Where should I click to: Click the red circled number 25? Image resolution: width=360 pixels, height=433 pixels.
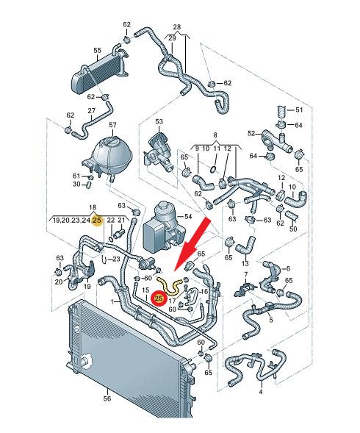pyautogui.click(x=159, y=298)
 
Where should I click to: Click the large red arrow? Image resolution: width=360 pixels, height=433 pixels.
pyautogui.click(x=191, y=245)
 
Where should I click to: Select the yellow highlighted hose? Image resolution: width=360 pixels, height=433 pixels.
pyautogui.click(x=170, y=285)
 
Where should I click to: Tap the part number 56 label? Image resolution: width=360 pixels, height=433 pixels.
pyautogui.click(x=107, y=398)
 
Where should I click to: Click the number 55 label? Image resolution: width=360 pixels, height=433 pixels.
pyautogui.click(x=98, y=50)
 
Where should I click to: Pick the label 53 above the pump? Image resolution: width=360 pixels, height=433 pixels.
pyautogui.click(x=159, y=121)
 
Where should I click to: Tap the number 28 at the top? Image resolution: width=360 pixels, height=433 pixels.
pyautogui.click(x=177, y=26)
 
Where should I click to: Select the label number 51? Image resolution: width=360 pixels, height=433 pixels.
pyautogui.click(x=299, y=110)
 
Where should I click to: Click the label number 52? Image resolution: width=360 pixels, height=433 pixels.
pyautogui.click(x=251, y=133)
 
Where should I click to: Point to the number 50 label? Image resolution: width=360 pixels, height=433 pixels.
pyautogui.click(x=293, y=229)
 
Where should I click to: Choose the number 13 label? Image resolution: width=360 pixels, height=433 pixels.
pyautogui.click(x=245, y=263)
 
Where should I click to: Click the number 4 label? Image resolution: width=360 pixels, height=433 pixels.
pyautogui.click(x=261, y=391)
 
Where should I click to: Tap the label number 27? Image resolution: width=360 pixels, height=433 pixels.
pyautogui.click(x=91, y=111)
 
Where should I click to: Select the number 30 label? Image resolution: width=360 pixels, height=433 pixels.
pyautogui.click(x=76, y=184)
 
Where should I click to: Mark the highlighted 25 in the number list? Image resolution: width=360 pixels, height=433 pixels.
pyautogui.click(x=97, y=221)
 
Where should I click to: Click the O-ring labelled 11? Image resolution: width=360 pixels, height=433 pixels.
pyautogui.click(x=213, y=169)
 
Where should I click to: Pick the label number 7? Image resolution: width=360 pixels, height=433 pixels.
pyautogui.click(x=245, y=275)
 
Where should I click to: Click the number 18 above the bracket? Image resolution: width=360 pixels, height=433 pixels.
pyautogui.click(x=93, y=207)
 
